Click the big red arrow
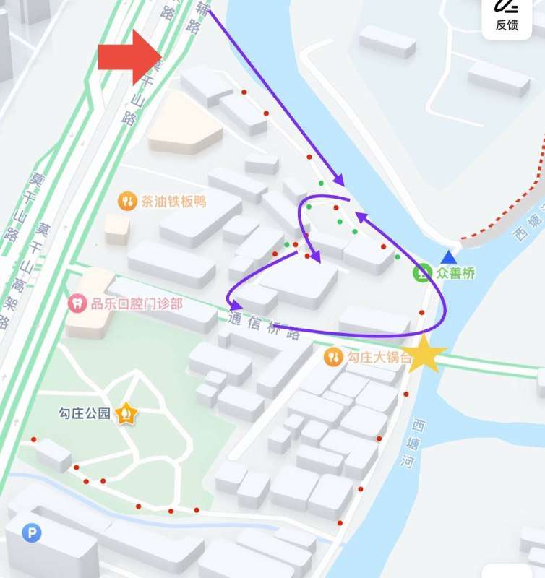click(x=130, y=58)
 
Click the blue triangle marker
click(x=449, y=257)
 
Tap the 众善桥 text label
click(x=456, y=273)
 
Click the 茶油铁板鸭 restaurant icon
click(x=127, y=201)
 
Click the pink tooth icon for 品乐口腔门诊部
click(x=77, y=303)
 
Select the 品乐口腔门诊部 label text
click(x=136, y=303)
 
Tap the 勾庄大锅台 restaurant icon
click(x=333, y=356)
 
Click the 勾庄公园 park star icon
click(x=127, y=413)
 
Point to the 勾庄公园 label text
click(x=85, y=413)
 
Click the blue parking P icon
click(x=31, y=533)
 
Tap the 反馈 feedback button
click(x=507, y=16)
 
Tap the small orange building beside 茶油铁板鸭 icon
click(x=116, y=229)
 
